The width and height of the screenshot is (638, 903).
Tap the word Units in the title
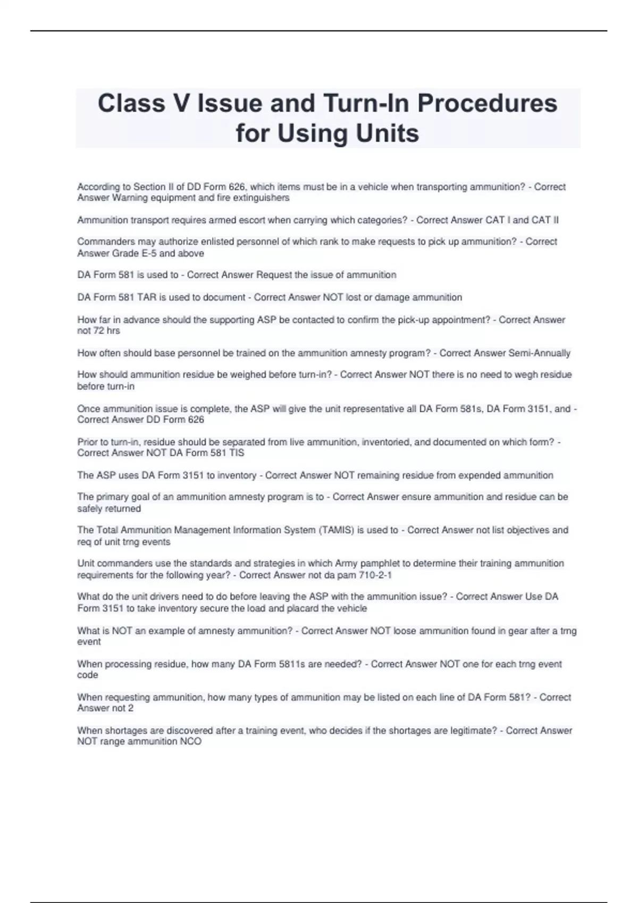point(388,133)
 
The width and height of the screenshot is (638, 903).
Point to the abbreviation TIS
point(236,453)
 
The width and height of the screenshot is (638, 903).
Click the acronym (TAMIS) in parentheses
point(336,530)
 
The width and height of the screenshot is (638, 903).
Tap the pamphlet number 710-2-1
point(375,575)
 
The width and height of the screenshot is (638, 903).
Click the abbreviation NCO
point(191,742)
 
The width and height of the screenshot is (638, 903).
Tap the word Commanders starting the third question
point(103,242)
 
